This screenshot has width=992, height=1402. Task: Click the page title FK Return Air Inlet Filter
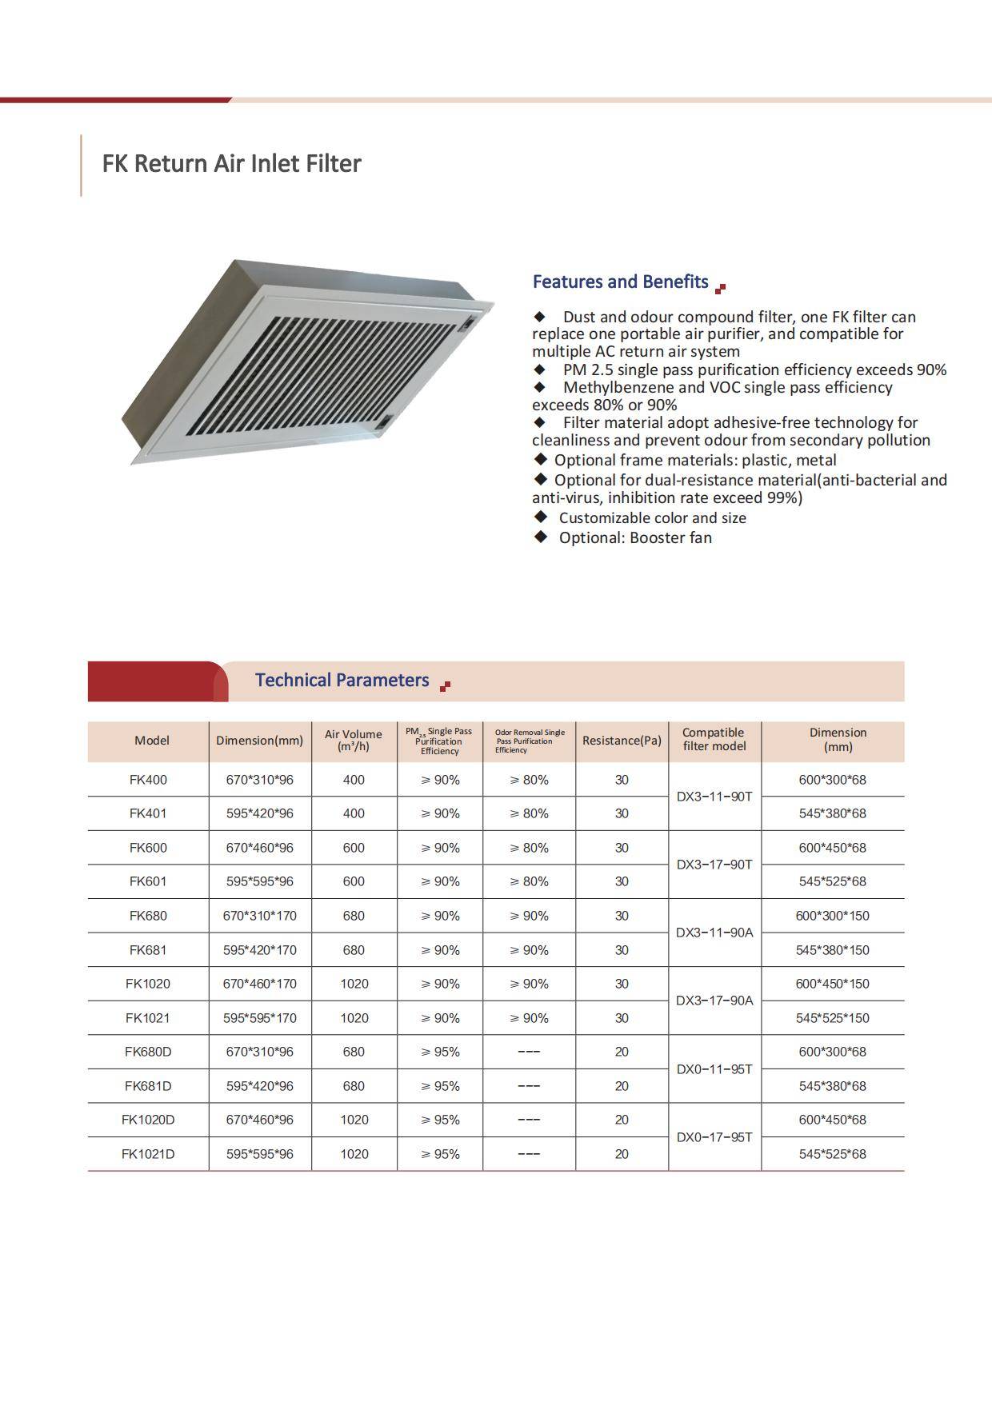pyautogui.click(x=231, y=163)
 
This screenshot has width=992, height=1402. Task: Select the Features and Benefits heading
pyautogui.click(x=620, y=282)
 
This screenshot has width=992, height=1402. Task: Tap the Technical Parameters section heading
pyautogui.click(x=342, y=680)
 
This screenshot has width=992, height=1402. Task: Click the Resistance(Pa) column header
pyautogui.click(x=622, y=741)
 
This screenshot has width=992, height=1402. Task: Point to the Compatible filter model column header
pyautogui.click(x=714, y=739)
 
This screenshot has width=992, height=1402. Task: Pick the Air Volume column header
pyautogui.click(x=354, y=740)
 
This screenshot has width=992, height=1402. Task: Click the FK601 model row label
pyautogui.click(x=148, y=881)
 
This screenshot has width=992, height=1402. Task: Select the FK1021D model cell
pyautogui.click(x=148, y=1154)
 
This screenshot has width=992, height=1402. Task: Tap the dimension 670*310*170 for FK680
pyautogui.click(x=259, y=916)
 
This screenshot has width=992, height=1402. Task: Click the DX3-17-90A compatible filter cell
pyautogui.click(x=714, y=1001)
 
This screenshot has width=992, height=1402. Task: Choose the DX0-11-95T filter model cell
pyautogui.click(x=714, y=1069)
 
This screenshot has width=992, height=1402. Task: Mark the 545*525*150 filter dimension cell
pyautogui.click(x=832, y=1018)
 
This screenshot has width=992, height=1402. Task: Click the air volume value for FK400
pyautogui.click(x=354, y=780)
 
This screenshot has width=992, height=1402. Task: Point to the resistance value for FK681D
pyautogui.click(x=622, y=1086)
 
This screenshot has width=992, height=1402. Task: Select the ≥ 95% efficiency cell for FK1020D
pyautogui.click(x=440, y=1120)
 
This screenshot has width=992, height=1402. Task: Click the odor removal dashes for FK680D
pyautogui.click(x=529, y=1052)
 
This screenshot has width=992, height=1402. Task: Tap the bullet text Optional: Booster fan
pyautogui.click(x=635, y=537)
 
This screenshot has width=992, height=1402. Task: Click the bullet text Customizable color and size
pyautogui.click(x=652, y=517)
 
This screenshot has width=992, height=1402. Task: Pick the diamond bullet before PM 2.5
pyautogui.click(x=540, y=369)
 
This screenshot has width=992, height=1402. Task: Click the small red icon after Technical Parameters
pyautogui.click(x=445, y=685)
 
